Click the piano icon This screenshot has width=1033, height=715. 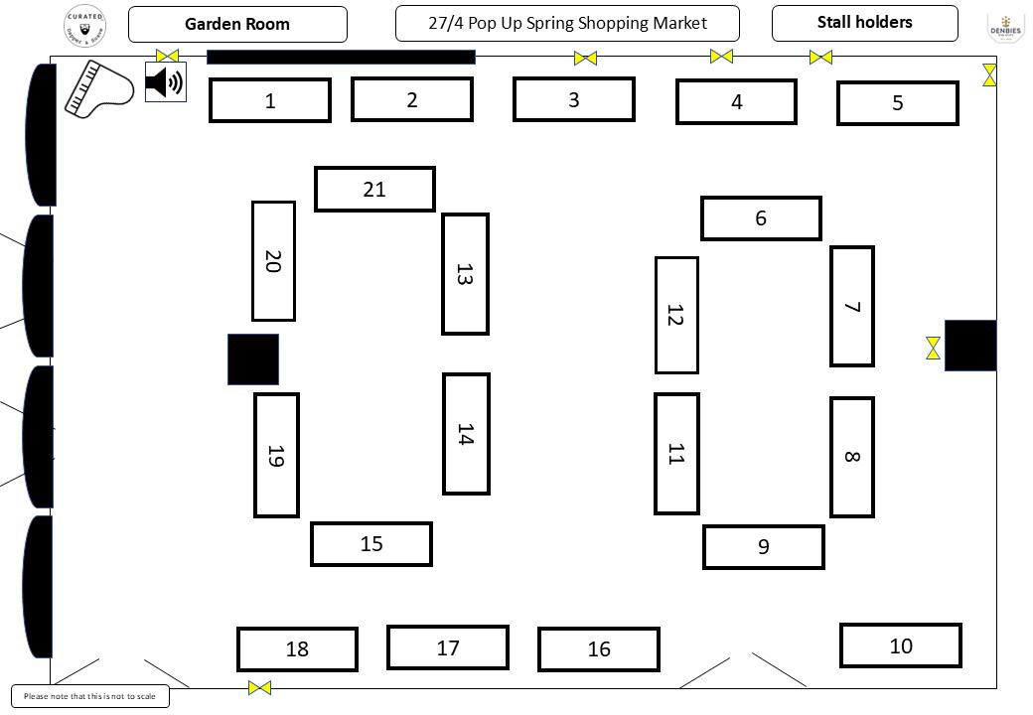[98, 89]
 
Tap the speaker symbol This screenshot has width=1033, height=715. [165, 81]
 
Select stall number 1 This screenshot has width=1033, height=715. [270, 100]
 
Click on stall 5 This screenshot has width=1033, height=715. [898, 103]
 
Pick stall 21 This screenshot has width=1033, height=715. [374, 189]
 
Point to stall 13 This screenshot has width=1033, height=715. [465, 274]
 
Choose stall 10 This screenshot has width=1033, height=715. [901, 645]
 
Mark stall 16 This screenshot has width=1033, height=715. [599, 649]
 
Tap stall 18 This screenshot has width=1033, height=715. [297, 649]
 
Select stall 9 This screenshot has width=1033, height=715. [764, 546]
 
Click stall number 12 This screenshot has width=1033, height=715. [676, 315]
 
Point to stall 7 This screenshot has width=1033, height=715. [852, 306]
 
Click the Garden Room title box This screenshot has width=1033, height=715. [237, 24]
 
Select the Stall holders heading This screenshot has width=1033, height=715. [864, 23]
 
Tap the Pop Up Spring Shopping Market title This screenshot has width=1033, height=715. [567, 23]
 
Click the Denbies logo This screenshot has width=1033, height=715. [1005, 28]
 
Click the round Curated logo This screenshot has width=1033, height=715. [85, 25]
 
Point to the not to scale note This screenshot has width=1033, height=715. [90, 696]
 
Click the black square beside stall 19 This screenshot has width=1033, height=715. [253, 359]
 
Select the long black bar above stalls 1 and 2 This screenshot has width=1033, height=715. [341, 57]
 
